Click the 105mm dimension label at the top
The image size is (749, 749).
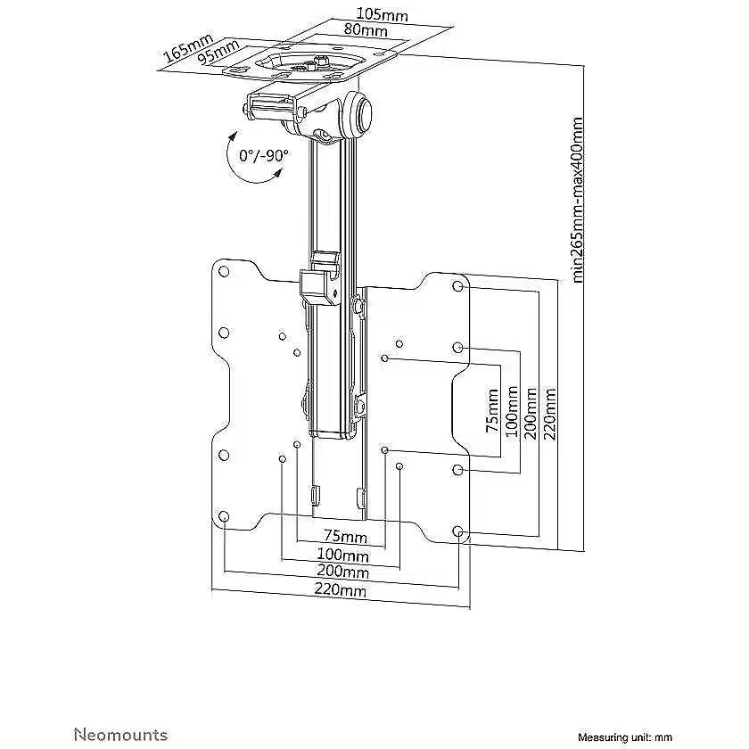pos(383,15)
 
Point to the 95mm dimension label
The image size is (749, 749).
pos(218,52)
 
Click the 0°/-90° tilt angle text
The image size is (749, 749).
pos(264,155)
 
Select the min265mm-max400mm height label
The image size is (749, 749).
pos(578,200)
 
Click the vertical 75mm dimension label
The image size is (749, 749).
pos(492,411)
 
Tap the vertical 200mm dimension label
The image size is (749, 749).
pos(531,413)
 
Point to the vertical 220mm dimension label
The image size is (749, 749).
pos(550,414)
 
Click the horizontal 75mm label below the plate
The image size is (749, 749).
pos(345,537)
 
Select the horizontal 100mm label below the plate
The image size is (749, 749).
pos(343,555)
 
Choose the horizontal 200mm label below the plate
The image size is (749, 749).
pos(343,572)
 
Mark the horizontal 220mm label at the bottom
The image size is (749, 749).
pos(340,590)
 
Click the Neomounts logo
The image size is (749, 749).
pos(120,720)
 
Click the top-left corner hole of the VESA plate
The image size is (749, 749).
pos(223,272)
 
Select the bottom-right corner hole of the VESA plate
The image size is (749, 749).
pos(457,531)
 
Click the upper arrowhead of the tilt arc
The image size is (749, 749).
pos(233,136)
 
